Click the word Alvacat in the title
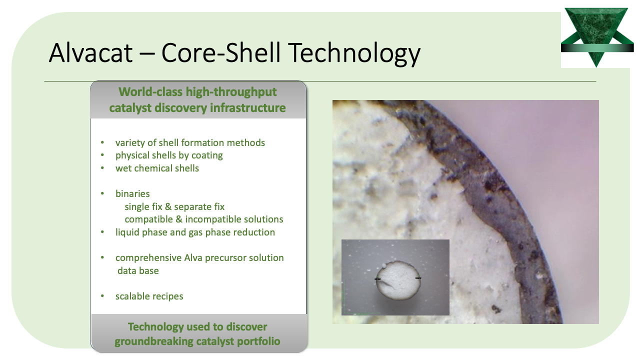click(90, 53)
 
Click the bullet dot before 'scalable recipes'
click(102, 296)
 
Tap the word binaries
click(132, 193)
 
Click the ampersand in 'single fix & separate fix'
click(168, 206)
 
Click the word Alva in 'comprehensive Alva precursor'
click(193, 257)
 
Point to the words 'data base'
click(138, 270)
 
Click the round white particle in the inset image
click(398, 281)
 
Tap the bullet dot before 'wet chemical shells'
click(102, 168)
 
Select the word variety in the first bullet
click(130, 143)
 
